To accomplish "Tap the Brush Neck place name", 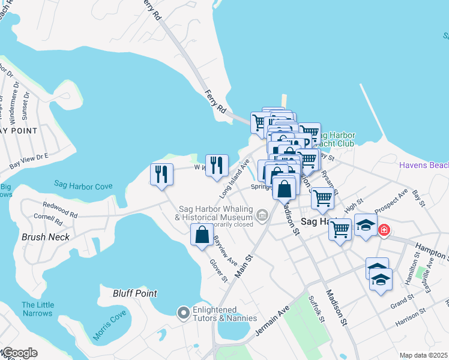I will click(x=46, y=237).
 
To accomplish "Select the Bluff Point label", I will click(x=135, y=293).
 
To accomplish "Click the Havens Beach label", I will click(x=424, y=165).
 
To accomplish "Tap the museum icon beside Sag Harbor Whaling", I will click(x=262, y=214).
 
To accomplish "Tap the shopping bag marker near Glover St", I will click(x=202, y=233).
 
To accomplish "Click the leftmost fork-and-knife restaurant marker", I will click(x=161, y=174).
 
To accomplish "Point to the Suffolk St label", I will click(x=316, y=308).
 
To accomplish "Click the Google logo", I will click(x=19, y=353).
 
